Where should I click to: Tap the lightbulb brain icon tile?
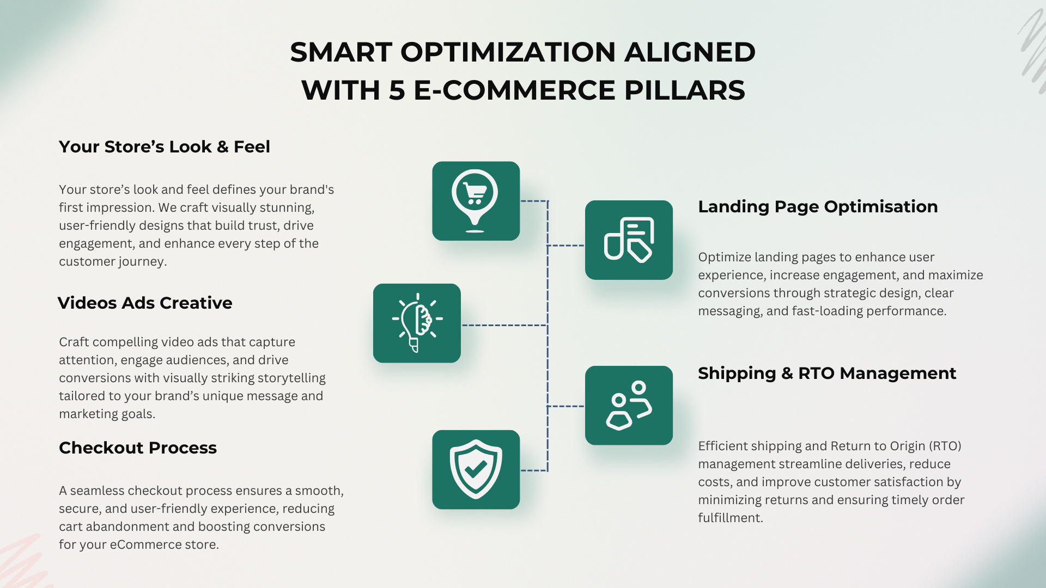[x=417, y=323]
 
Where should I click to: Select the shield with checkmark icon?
[x=476, y=469]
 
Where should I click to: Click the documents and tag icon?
[x=629, y=240]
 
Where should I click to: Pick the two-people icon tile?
[x=629, y=406]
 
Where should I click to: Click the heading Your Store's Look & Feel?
[x=165, y=147]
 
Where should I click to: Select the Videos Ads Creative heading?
[x=145, y=303]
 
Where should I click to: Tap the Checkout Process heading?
[x=138, y=448]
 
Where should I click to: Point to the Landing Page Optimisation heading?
[x=818, y=207]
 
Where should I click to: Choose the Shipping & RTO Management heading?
[x=827, y=373]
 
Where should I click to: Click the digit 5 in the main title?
[x=397, y=90]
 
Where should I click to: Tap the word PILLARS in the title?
[x=684, y=90]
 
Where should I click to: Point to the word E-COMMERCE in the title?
[x=515, y=90]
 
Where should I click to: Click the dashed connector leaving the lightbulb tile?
[x=504, y=326]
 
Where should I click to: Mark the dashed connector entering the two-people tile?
[x=566, y=406]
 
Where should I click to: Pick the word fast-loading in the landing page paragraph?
[x=827, y=311]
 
